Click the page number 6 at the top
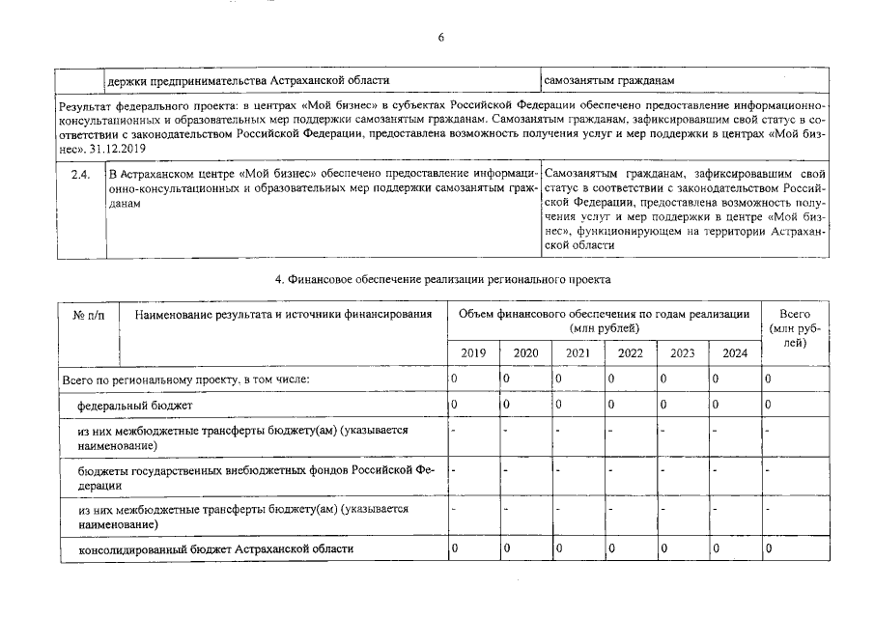click(440, 38)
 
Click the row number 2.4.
click(80, 175)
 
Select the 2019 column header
click(473, 353)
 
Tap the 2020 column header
click(525, 353)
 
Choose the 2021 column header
click(578, 353)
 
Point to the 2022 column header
click(630, 353)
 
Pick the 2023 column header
click(682, 353)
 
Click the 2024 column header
click(734, 353)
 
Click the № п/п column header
click(90, 315)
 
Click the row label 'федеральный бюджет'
click(135, 406)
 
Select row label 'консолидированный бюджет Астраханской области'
click(215, 549)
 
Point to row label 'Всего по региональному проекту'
click(184, 379)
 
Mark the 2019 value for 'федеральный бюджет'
click(454, 406)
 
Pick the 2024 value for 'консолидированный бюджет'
click(716, 549)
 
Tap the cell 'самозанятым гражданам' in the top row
click(607, 79)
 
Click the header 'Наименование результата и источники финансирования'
click(283, 315)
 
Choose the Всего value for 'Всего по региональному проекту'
click(768, 379)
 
